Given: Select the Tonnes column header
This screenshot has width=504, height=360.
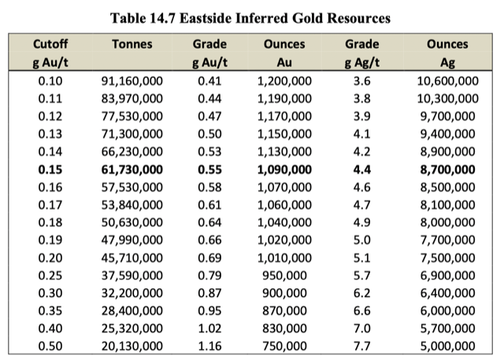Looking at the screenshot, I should (132, 45).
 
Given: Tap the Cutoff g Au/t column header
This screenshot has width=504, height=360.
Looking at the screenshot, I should (50, 53).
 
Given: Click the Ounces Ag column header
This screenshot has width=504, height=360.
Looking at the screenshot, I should (447, 53).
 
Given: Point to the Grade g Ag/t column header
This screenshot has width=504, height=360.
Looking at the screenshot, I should (361, 53).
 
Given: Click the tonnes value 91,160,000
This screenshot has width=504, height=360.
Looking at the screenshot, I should (132, 80).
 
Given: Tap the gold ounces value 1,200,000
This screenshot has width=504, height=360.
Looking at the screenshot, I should (284, 80).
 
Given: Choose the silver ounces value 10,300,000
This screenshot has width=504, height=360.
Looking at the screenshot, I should (447, 98).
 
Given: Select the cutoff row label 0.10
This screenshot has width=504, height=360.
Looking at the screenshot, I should (50, 80).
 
